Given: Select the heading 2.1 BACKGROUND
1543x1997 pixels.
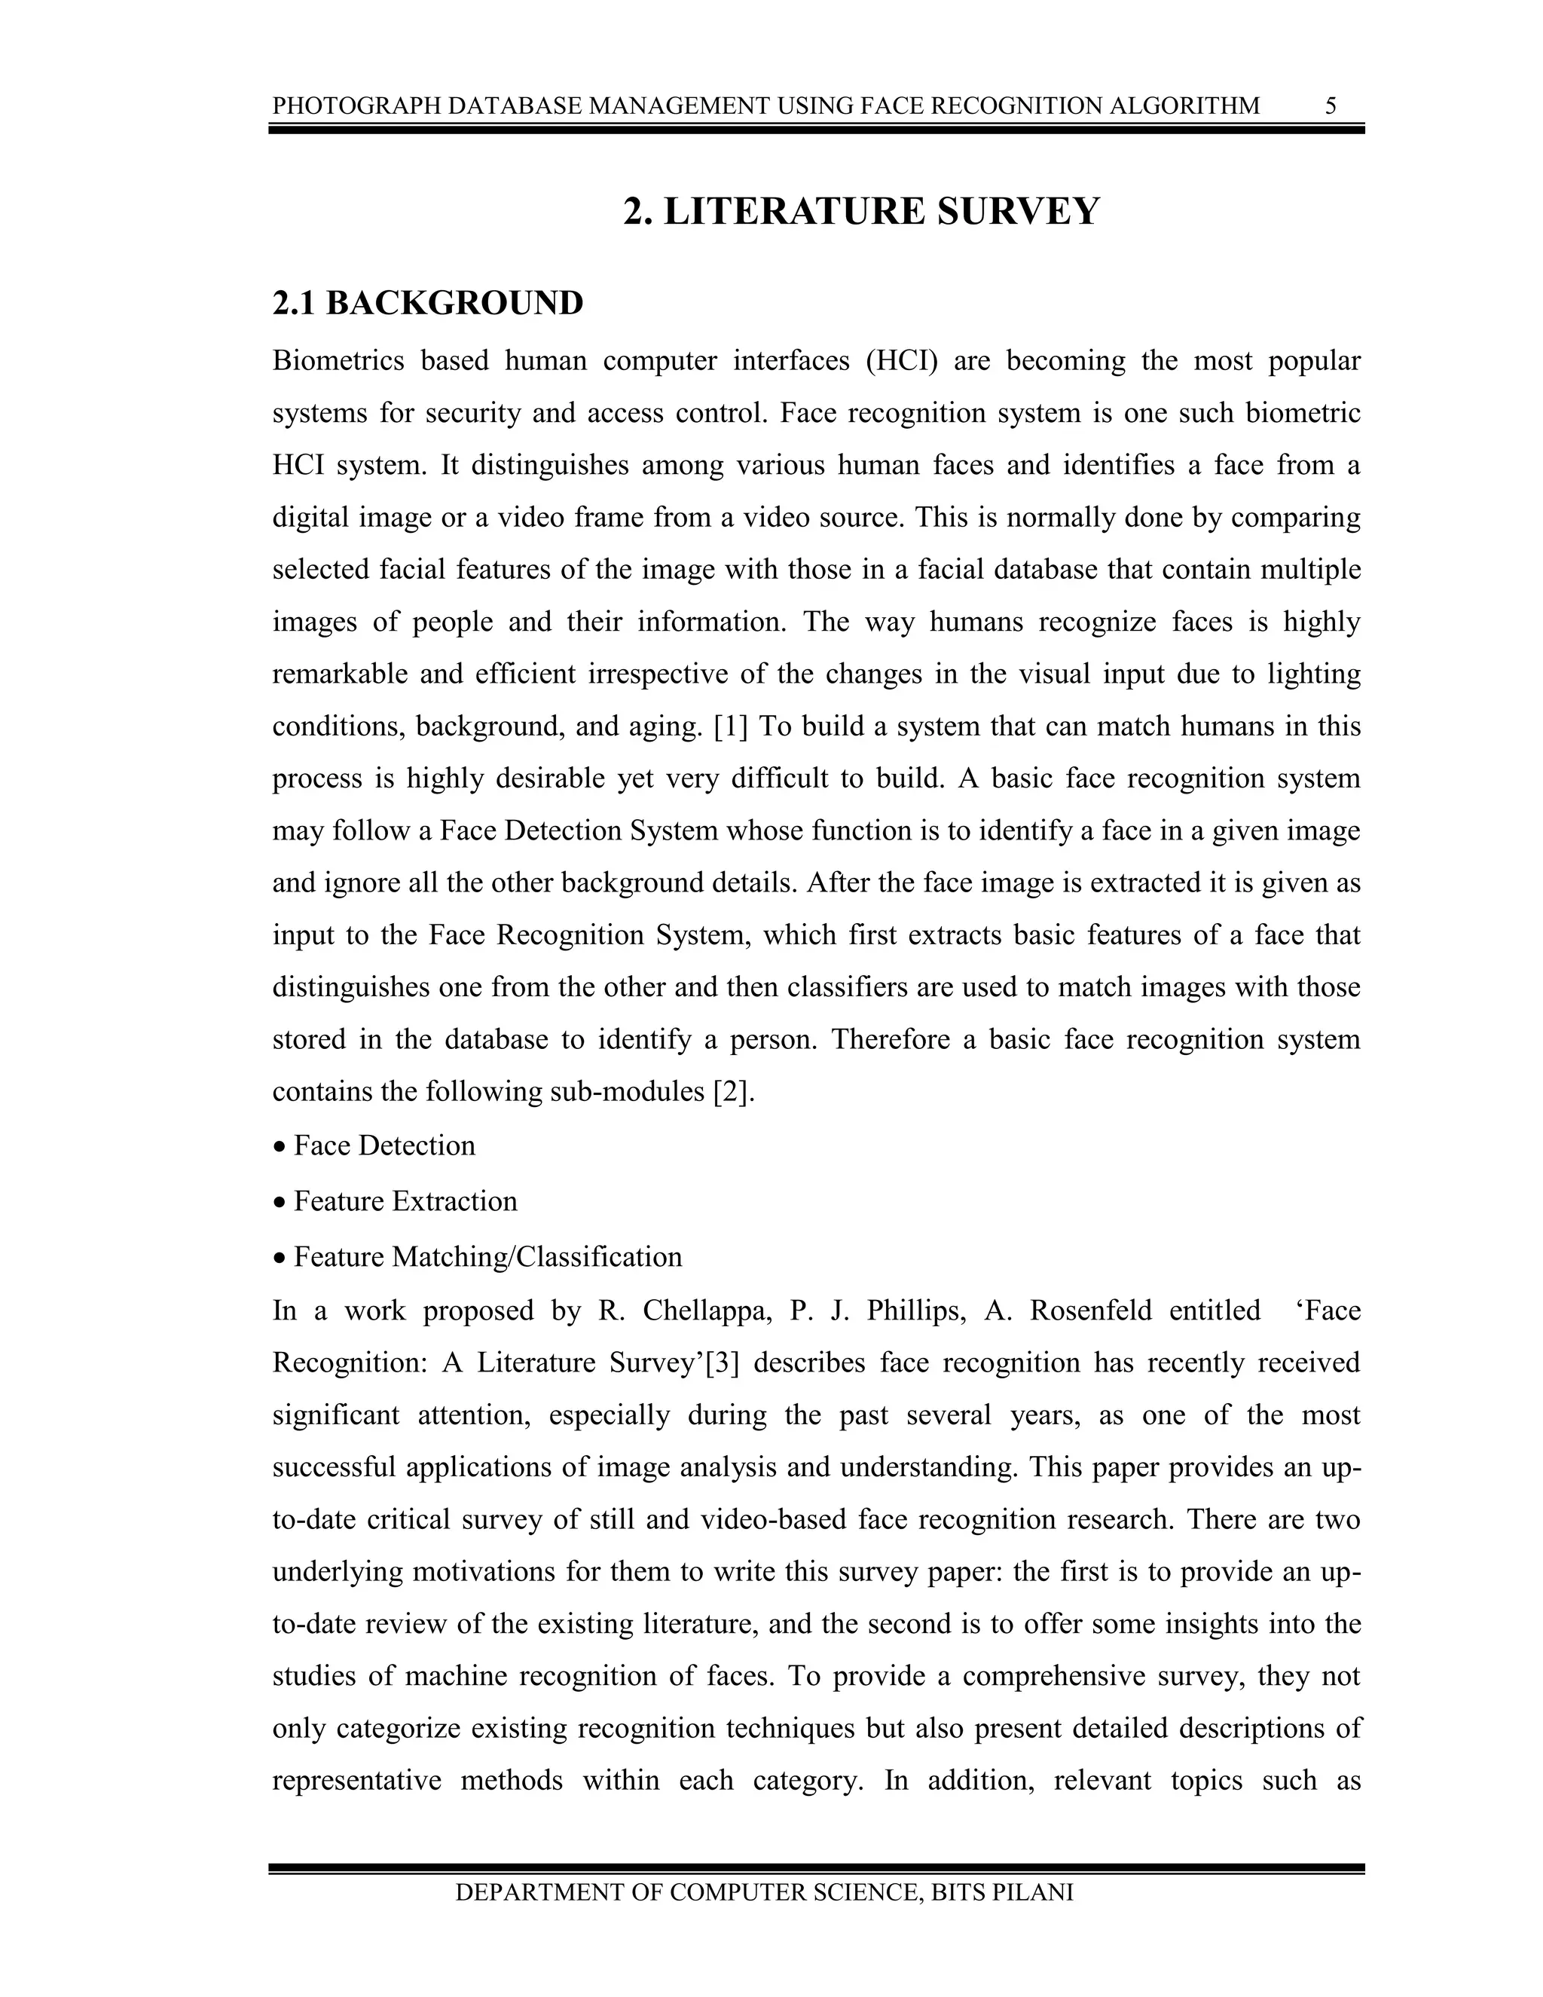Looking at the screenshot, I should point(428,304).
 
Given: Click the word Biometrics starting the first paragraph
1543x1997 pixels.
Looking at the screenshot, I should point(338,361).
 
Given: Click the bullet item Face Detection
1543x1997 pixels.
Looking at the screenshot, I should point(384,1145).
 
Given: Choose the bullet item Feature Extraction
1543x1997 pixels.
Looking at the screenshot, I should point(405,1201).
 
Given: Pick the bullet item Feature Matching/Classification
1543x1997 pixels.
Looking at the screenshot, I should point(487,1257).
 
